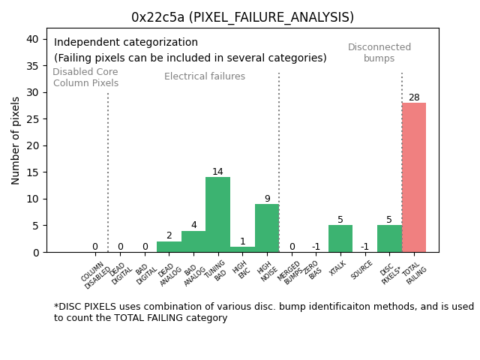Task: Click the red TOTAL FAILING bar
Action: pyautogui.click(x=414, y=177)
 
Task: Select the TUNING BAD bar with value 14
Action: pyautogui.click(x=217, y=214)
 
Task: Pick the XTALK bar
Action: pyautogui.click(x=340, y=238)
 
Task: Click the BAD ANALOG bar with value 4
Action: pyautogui.click(x=193, y=241)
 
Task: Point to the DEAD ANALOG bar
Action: pyautogui.click(x=169, y=247)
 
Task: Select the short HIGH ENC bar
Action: pyautogui.click(x=242, y=249)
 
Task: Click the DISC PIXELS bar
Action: pyautogui.click(x=389, y=238)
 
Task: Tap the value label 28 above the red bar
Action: pyautogui.click(x=414, y=97)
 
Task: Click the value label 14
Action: pyautogui.click(x=217, y=172)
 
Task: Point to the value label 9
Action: pyautogui.click(x=267, y=199)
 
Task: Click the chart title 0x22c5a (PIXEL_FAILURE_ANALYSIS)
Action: pyautogui.click(x=242, y=17)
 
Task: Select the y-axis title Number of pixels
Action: pyautogui.click(x=16, y=140)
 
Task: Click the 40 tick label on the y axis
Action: pyautogui.click(x=33, y=39)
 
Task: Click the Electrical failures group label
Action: pyautogui.click(x=205, y=76)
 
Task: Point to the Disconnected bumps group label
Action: pyautogui.click(x=379, y=52)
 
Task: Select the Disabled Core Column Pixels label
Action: pyautogui.click(x=85, y=77)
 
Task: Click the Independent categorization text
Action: pyautogui.click(x=126, y=43)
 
